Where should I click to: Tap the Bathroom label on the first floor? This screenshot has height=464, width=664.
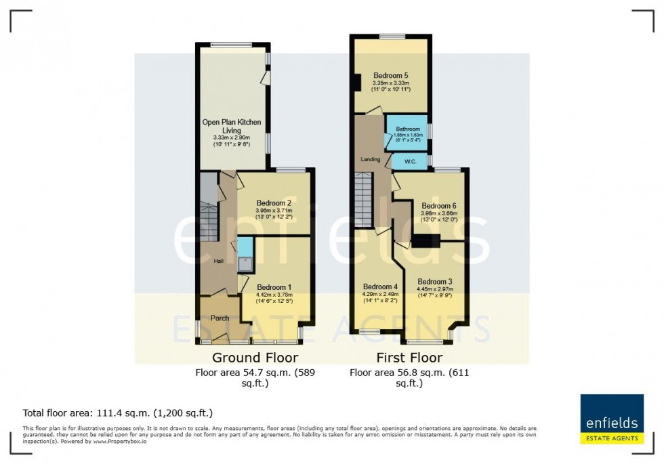click(409, 129)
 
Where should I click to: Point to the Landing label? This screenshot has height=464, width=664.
click(371, 160)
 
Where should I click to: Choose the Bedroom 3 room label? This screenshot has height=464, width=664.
click(434, 282)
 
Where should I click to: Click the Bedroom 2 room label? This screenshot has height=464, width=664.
click(274, 203)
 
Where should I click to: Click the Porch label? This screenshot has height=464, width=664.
click(220, 318)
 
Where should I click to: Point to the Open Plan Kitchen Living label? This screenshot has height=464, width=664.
click(232, 126)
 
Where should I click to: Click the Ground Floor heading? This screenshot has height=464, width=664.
click(255, 358)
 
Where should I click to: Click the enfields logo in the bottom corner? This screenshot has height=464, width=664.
click(612, 419)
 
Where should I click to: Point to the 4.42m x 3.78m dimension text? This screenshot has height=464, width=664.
click(274, 295)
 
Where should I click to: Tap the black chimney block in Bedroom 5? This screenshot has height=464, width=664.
click(357, 81)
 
